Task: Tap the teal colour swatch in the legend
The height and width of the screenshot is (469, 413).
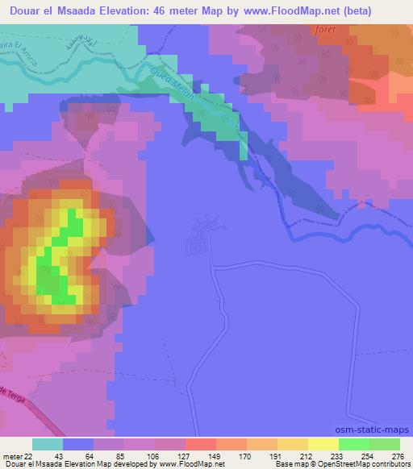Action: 48,444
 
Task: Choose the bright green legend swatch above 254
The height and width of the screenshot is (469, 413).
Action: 353,444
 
